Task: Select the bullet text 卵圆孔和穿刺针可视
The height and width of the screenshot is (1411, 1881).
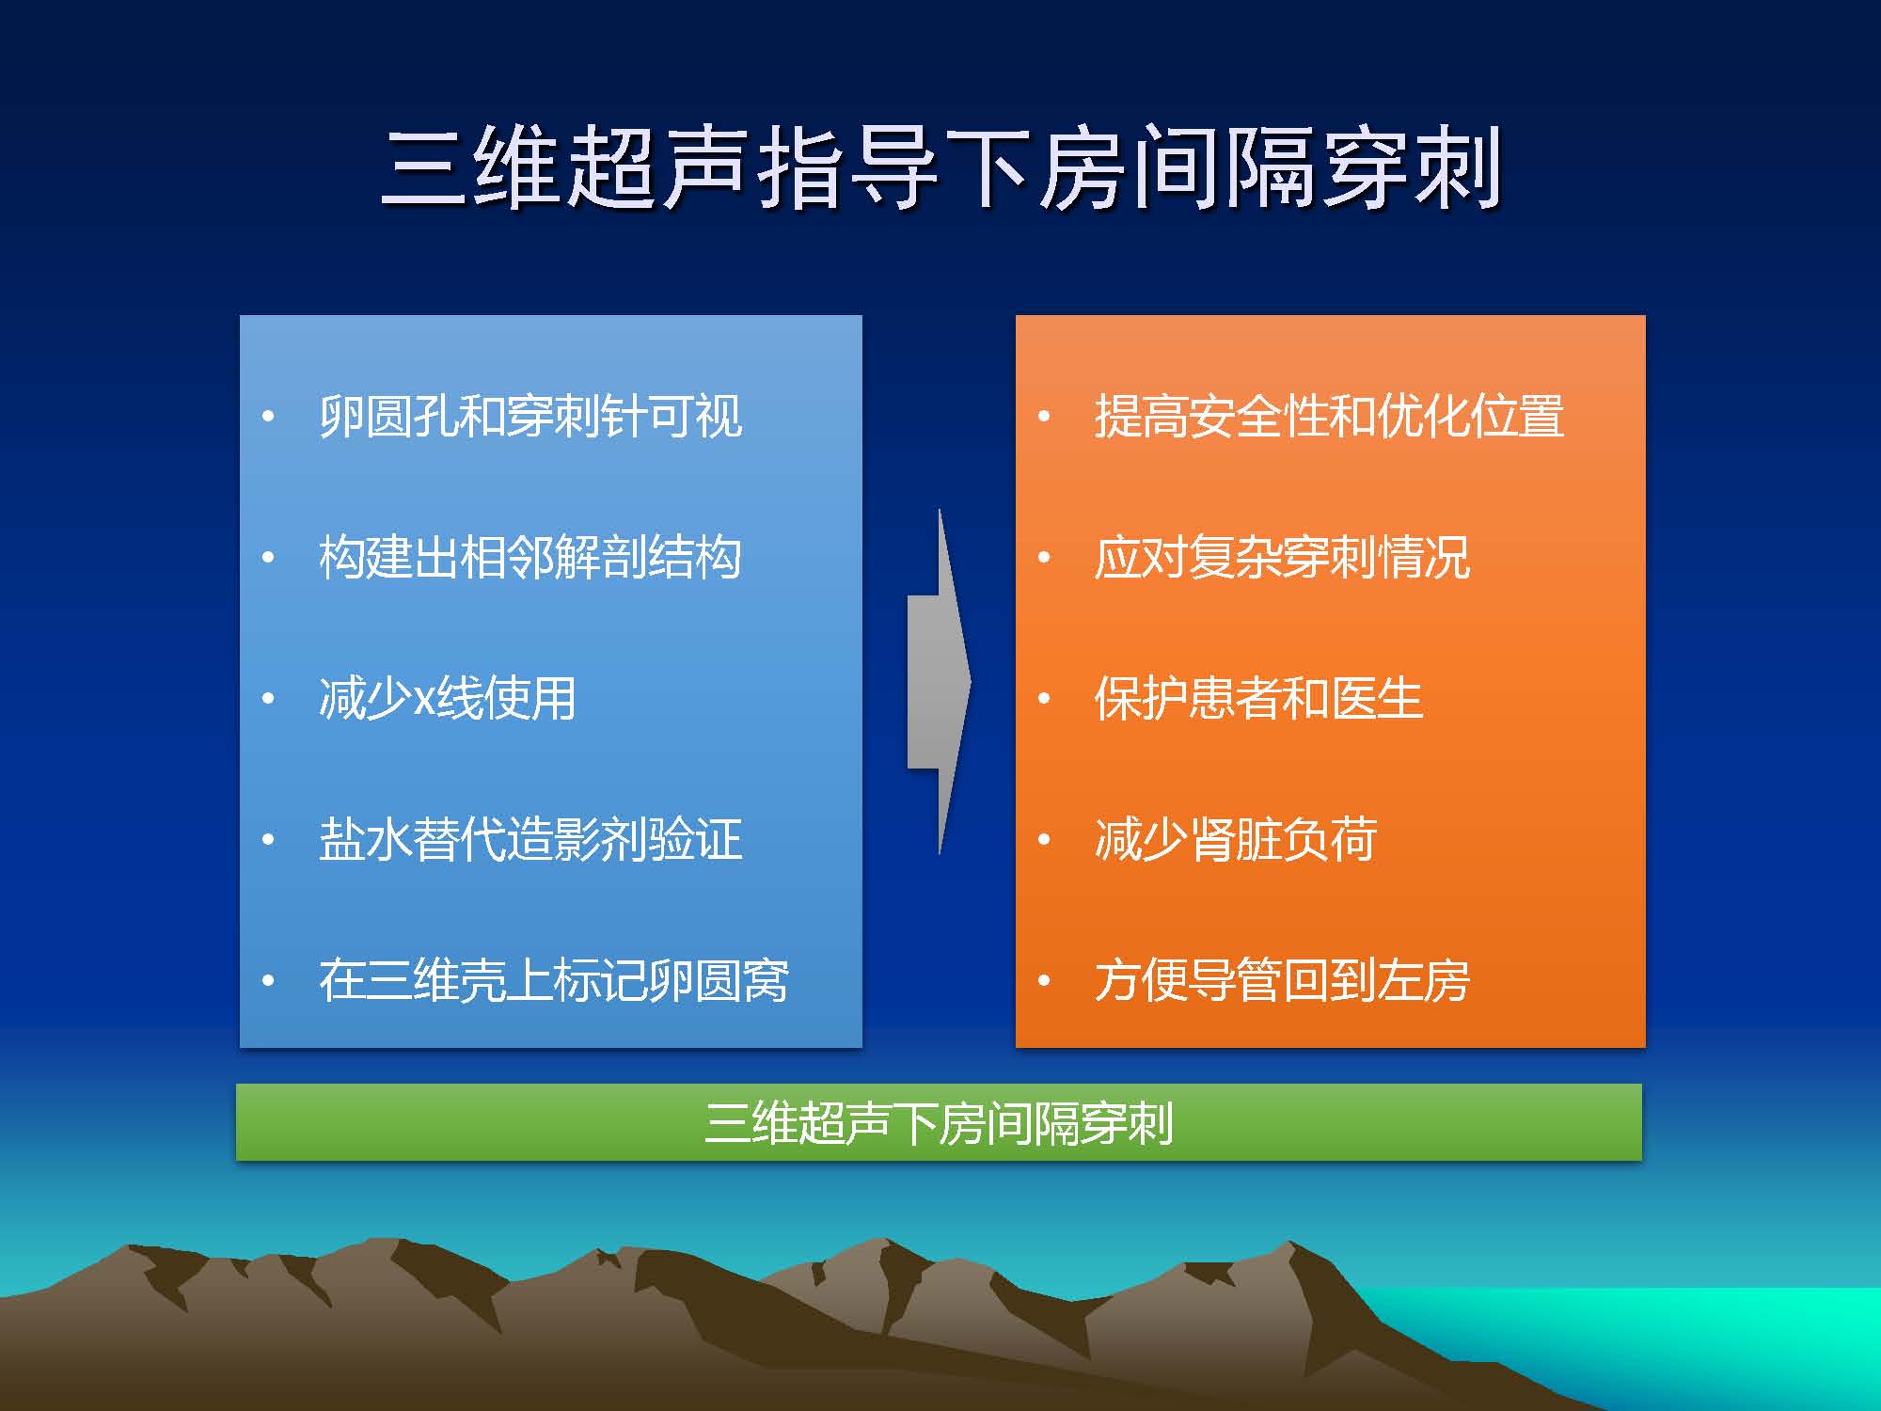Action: point(530,416)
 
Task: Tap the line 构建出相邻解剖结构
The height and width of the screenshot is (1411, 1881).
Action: point(530,557)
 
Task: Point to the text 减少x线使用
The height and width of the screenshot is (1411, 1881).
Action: point(447,698)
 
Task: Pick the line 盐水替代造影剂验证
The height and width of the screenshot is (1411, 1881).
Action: point(530,839)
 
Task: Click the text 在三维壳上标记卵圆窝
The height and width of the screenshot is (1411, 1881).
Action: point(554,980)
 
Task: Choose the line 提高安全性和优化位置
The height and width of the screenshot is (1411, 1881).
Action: point(1329,416)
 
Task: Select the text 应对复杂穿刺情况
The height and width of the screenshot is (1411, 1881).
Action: point(1282,557)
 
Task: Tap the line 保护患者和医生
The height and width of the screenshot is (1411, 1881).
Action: point(1258,698)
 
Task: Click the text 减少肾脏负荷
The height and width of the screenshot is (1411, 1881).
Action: point(1236,839)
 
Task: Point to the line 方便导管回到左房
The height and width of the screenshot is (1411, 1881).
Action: point(1282,980)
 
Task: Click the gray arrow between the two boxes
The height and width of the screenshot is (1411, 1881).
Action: point(939,682)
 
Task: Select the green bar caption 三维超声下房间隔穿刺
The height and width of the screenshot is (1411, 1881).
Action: point(939,1122)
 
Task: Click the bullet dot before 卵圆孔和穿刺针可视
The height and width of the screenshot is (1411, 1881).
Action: point(269,417)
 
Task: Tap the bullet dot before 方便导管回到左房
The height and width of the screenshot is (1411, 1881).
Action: point(1044,981)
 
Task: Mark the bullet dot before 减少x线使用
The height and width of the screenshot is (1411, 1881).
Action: point(269,699)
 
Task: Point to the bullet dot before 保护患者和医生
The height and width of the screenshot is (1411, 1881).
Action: point(1044,699)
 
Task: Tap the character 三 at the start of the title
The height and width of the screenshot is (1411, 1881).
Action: point(425,169)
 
